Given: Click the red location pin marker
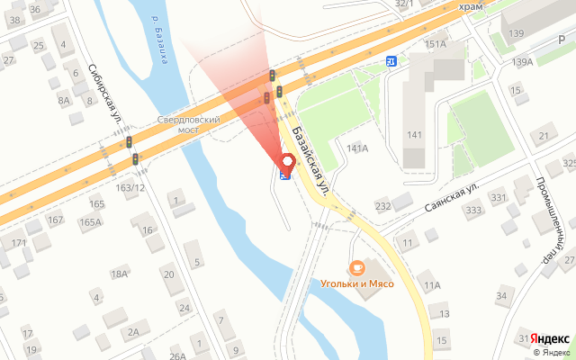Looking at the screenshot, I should pos(288,162).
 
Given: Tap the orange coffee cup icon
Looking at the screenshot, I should pos(357,267).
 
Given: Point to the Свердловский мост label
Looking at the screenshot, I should pos(189,124).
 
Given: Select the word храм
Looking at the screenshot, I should pos(471,6).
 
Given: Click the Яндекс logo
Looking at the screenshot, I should pos(549,338).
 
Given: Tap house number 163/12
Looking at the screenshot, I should pos(130,187).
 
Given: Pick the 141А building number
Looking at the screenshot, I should pos(357,148).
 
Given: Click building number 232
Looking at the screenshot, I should pos(383,206).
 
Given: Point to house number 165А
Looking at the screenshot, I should pos(90,221).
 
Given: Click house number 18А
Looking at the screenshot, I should pos(119,274).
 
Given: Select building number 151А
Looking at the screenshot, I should pos(436,43).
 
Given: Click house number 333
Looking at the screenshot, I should pos(473,211).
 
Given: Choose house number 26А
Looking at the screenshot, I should pos(176,355).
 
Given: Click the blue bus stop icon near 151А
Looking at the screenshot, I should pos(391,61).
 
